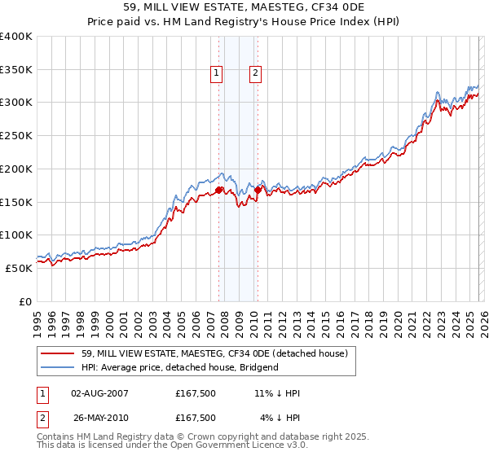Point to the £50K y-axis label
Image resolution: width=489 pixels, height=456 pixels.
[x=19, y=268]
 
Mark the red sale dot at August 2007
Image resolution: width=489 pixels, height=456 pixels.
[x=219, y=191]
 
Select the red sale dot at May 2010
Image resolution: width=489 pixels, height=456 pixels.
[x=258, y=191]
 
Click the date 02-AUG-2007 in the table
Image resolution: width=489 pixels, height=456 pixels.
[x=99, y=393]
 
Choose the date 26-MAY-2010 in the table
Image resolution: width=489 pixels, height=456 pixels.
[x=99, y=418]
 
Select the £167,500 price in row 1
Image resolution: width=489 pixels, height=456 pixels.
[x=195, y=393]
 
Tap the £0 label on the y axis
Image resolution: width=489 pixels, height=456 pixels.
[x=24, y=301]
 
